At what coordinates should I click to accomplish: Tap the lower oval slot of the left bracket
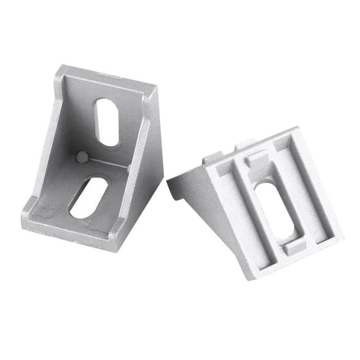point(88,197)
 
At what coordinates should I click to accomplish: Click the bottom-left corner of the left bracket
point(24,221)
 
